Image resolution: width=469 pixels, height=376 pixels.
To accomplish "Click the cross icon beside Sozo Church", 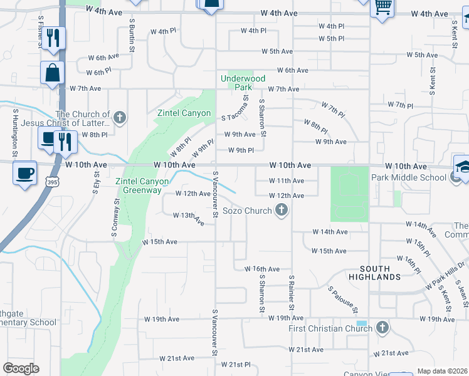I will (x=282, y=211).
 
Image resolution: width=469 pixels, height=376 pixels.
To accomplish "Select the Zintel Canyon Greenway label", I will (x=142, y=185).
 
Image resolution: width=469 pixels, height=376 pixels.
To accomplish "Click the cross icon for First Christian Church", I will (x=382, y=328).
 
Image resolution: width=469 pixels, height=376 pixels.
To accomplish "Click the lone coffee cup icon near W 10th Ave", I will (x=24, y=173).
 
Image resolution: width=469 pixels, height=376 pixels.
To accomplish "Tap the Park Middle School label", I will (x=416, y=177).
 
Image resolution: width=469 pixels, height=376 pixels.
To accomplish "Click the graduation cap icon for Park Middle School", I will (x=463, y=167).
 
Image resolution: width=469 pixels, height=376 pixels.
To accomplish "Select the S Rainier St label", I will (x=291, y=293).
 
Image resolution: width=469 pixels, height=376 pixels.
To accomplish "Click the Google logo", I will (x=21, y=368).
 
